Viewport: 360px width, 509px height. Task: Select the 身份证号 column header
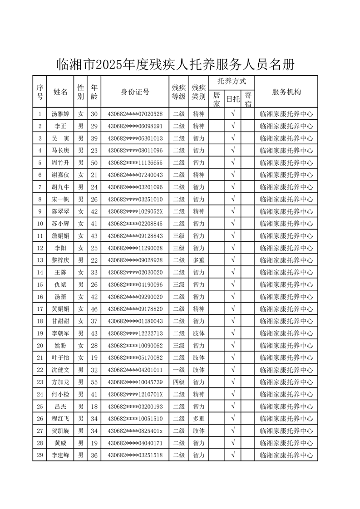pyautogui.click(x=135, y=92)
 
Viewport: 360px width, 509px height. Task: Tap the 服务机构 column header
pyautogui.click(x=286, y=92)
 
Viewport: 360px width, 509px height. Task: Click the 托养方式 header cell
pyautogui.click(x=232, y=82)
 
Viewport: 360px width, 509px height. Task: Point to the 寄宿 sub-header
pyautogui.click(x=248, y=99)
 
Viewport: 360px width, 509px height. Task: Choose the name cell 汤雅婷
pyautogui.click(x=60, y=114)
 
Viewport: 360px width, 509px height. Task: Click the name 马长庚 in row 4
pyautogui.click(x=60, y=151)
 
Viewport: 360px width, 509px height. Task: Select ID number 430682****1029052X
pyautogui.click(x=135, y=211)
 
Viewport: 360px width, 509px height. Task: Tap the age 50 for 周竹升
pyautogui.click(x=94, y=162)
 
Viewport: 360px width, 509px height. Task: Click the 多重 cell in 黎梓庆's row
pyautogui.click(x=198, y=260)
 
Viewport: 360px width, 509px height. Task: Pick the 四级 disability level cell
pyautogui.click(x=178, y=382)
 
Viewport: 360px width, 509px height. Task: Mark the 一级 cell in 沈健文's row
pyautogui.click(x=178, y=370)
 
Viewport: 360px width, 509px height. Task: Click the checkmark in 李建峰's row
pyautogui.click(x=232, y=455)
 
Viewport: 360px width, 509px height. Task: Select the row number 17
pyautogui.click(x=39, y=309)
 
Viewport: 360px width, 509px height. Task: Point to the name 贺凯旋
pyautogui.click(x=60, y=431)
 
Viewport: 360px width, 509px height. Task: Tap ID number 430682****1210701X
pyautogui.click(x=135, y=394)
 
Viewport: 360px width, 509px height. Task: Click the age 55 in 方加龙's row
pyautogui.click(x=94, y=382)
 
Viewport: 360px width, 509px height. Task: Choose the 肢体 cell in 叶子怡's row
pyautogui.click(x=198, y=357)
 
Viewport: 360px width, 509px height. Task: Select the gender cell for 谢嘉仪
pyautogui.click(x=80, y=175)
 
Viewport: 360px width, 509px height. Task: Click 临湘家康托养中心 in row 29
pyautogui.click(x=286, y=455)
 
